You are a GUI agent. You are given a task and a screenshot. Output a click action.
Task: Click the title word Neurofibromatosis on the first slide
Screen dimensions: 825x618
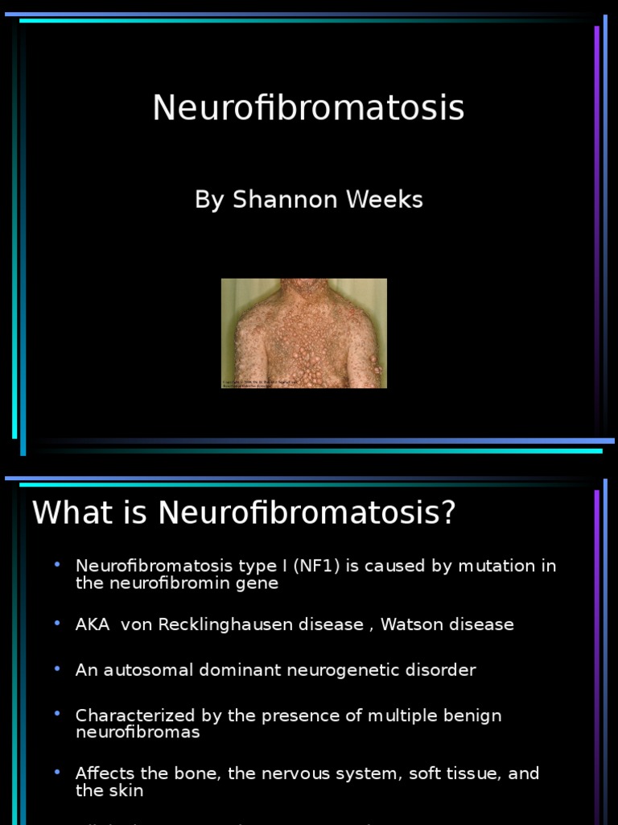click(308, 108)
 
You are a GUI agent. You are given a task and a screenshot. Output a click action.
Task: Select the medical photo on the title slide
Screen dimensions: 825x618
click(304, 334)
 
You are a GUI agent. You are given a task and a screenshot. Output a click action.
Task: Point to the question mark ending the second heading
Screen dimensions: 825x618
click(448, 513)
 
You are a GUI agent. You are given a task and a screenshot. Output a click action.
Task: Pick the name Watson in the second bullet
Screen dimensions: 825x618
click(414, 624)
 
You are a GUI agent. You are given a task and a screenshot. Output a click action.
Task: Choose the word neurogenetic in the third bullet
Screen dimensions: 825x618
click(351, 670)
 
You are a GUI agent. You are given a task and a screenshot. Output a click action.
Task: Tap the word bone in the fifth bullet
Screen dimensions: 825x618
click(201, 773)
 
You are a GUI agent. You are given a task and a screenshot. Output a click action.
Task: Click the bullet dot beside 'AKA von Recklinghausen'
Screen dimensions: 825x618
click(57, 624)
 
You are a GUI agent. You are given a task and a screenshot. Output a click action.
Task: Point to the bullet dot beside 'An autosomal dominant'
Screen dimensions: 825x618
click(57, 669)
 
